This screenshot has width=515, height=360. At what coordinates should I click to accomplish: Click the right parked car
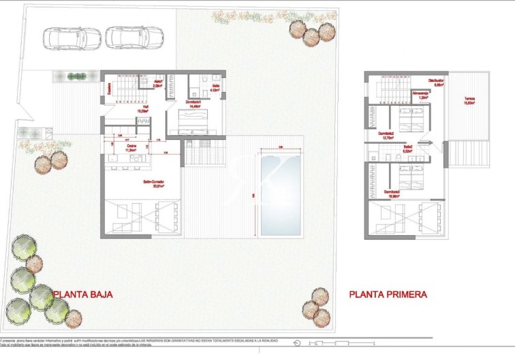click(x=134, y=38)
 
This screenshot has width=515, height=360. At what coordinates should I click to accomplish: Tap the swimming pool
click(x=280, y=194)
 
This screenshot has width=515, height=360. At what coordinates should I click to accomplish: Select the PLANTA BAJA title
click(x=82, y=295)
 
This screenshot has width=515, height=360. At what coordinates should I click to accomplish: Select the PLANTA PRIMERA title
click(x=388, y=295)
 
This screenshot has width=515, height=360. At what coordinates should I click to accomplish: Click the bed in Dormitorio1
click(x=193, y=123)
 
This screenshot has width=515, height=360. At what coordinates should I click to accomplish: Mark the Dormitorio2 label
click(x=387, y=134)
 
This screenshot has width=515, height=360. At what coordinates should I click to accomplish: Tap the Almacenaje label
click(x=420, y=95)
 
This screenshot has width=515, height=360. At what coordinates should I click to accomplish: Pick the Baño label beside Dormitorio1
click(x=214, y=87)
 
